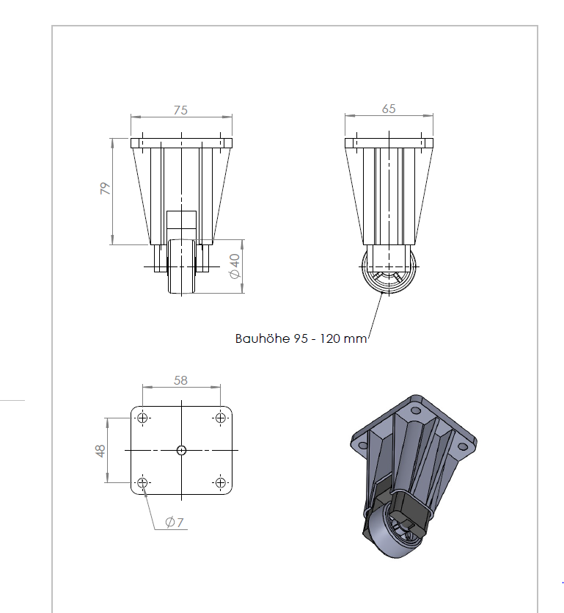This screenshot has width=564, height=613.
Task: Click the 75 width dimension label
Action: point(180,110)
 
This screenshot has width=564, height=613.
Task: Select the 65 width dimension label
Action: point(389,109)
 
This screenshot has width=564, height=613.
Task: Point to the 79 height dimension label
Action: point(106,189)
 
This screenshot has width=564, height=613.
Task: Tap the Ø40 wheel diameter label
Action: point(235,266)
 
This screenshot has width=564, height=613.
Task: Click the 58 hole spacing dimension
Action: point(180,380)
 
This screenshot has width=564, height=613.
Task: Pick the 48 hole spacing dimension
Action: point(100,451)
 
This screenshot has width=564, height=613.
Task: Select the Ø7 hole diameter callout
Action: point(175,522)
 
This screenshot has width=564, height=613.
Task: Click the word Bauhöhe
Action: point(263,338)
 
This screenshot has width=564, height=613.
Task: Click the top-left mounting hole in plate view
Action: point(142,418)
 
